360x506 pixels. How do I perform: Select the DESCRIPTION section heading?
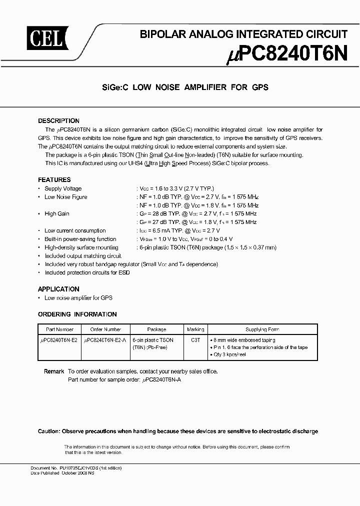click(58, 121)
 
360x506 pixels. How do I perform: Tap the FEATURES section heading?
click(54, 179)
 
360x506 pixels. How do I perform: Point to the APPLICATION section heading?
click(58, 289)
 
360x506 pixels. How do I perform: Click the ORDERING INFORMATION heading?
click(77, 314)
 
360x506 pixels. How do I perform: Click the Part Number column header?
click(59, 329)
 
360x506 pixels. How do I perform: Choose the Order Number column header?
click(105, 329)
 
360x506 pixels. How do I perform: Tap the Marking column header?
click(195, 329)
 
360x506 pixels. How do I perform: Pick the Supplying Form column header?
click(262, 329)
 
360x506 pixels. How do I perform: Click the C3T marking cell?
click(195, 339)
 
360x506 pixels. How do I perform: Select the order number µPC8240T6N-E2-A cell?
click(105, 339)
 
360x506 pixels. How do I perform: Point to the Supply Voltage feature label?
click(63, 188)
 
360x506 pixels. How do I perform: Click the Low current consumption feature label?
click(75, 230)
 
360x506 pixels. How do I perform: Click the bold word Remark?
click(54, 371)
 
